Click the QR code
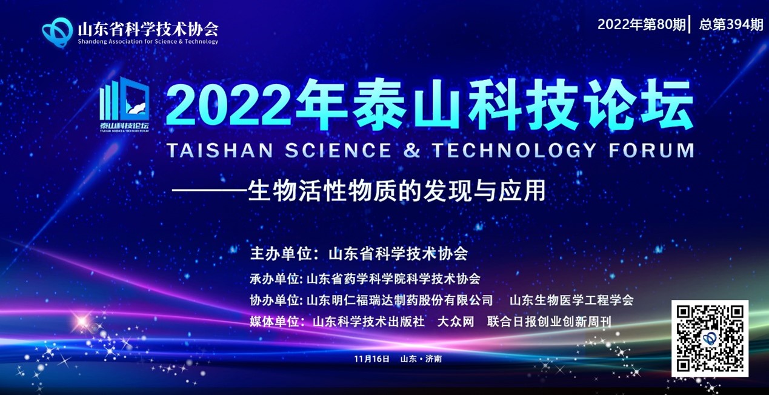(x=710, y=339)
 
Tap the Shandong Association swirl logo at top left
(x=58, y=32)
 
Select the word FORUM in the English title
(x=651, y=150)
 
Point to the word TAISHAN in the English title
(x=220, y=150)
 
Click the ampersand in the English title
(x=411, y=150)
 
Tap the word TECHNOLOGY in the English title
(x=514, y=150)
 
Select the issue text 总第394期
(x=731, y=24)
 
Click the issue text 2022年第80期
(x=641, y=24)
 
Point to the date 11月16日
(x=372, y=359)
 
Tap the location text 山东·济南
(x=421, y=359)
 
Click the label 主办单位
(x=281, y=254)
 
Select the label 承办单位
(x=274, y=279)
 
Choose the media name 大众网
(x=456, y=322)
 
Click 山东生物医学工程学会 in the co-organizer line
(x=571, y=300)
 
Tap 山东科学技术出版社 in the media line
(x=368, y=322)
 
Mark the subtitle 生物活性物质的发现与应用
(x=397, y=191)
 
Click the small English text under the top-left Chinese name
(x=148, y=42)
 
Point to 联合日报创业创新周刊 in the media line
(x=549, y=322)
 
